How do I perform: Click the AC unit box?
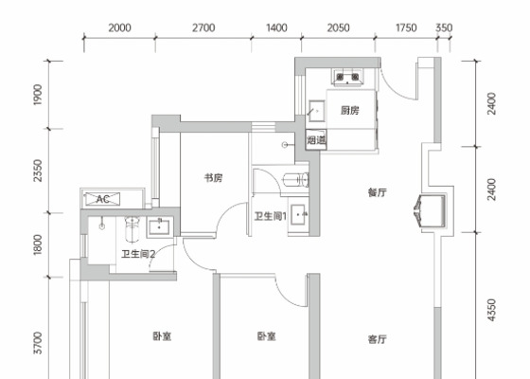[103, 199]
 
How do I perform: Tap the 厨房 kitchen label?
[350, 110]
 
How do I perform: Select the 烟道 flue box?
[316, 139]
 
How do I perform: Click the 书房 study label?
[214, 178]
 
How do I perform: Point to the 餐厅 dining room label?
[378, 192]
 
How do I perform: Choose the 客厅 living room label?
[378, 339]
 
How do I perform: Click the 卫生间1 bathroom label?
[271, 216]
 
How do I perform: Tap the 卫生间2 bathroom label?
[138, 254]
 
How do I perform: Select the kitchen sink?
[317, 111]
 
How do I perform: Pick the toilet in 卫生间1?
[296, 180]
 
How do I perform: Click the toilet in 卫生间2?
[132, 229]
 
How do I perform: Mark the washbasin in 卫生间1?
[298, 214]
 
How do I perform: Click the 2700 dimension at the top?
[203, 27]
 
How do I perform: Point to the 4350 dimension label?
[492, 310]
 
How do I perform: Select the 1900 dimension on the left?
[38, 95]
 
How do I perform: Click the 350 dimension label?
[444, 27]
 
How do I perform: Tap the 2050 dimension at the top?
[338, 27]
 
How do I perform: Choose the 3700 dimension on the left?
[38, 343]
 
